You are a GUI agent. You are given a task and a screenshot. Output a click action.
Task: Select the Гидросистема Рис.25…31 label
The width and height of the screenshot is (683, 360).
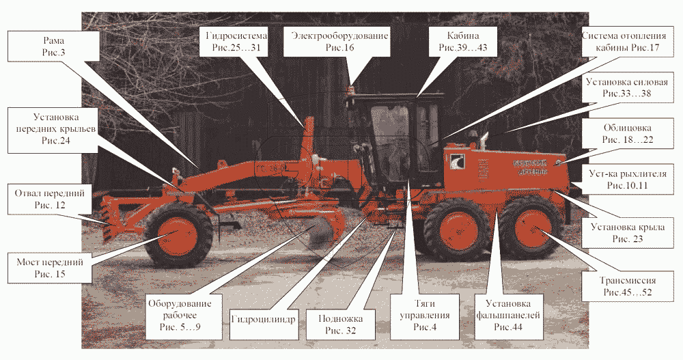coord(231,42)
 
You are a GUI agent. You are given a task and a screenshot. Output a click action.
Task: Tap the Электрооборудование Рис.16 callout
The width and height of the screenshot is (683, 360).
coord(339,42)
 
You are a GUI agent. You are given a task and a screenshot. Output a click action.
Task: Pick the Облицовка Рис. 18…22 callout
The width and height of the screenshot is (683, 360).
coord(627,134)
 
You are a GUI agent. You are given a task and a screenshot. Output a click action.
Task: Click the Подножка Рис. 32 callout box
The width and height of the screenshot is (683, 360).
coord(335,324)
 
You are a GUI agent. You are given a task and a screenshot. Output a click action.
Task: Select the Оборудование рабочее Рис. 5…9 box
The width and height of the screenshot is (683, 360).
coord(180,315)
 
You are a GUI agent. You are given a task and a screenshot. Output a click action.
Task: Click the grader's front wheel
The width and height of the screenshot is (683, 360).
coord(179,236)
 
